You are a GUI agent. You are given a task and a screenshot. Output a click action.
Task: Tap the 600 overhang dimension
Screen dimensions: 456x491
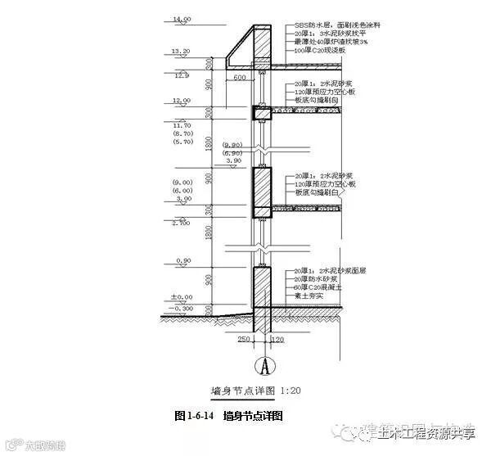point(239,78)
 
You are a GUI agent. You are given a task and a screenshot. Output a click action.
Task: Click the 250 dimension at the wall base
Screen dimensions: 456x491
point(244,338)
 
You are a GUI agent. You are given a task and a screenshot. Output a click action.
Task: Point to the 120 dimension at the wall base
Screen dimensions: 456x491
point(276,338)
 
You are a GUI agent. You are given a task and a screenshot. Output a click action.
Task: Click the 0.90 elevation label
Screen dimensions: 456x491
point(183,261)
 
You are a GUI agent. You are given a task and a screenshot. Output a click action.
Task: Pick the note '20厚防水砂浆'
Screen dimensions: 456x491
point(314,279)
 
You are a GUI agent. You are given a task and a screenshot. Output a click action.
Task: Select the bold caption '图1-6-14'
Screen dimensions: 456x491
point(194,416)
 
